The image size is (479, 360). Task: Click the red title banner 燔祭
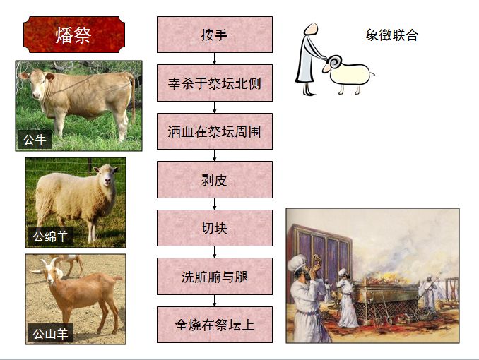click(73, 35)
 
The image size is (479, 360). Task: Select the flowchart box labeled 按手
click(214, 35)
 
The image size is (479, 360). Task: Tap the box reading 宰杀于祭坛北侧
click(214, 83)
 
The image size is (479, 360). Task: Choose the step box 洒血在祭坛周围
click(214, 131)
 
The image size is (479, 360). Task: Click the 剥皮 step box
click(214, 179)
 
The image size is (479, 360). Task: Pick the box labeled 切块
click(214, 228)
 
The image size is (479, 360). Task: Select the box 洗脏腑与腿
click(214, 276)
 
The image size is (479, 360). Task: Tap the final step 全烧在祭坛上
click(214, 325)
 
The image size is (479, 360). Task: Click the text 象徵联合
click(391, 35)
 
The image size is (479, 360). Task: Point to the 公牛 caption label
click(35, 140)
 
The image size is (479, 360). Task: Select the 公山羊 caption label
click(50, 332)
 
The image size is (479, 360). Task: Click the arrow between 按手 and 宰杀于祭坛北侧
click(214, 59)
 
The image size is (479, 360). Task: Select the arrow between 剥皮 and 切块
click(214, 204)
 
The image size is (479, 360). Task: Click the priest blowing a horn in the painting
click(301, 282)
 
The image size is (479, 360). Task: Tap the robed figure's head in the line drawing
click(309, 31)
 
